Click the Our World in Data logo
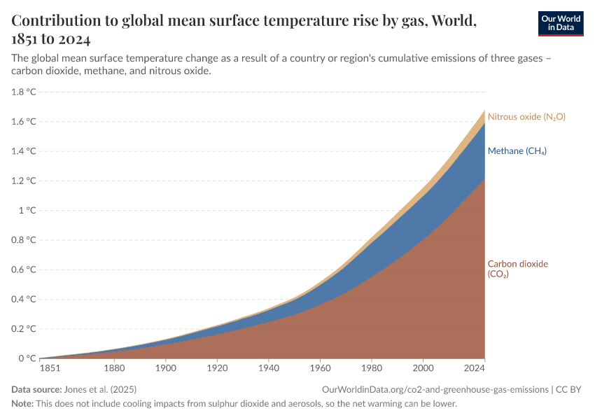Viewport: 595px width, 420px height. point(560,23)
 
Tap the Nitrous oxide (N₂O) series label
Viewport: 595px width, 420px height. point(526,117)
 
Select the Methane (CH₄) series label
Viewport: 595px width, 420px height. point(517,151)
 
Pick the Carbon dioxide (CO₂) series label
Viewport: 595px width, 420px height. point(517,269)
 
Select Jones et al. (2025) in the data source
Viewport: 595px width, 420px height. point(100,389)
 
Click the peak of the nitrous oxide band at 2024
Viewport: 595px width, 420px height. point(484,111)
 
